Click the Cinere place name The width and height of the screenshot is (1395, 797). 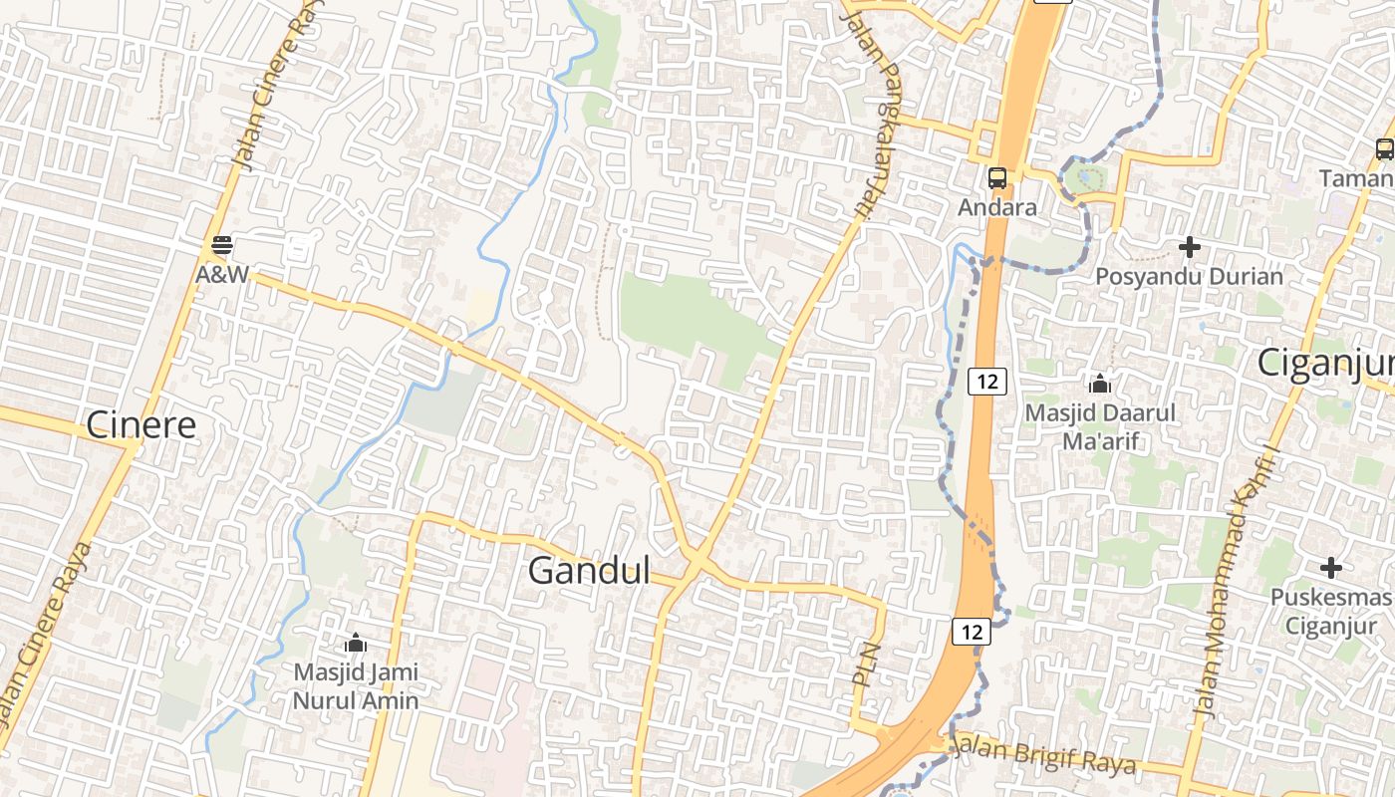[140, 424]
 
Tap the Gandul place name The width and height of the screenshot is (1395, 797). [588, 571]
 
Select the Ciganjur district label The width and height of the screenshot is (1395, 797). [1324, 363]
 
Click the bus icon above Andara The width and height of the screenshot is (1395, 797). [996, 178]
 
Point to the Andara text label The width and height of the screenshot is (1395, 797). [996, 208]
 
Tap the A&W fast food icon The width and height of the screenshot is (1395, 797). [221, 245]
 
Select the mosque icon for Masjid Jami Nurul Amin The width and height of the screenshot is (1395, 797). [355, 644]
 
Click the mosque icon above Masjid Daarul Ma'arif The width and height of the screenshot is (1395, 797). [1100, 383]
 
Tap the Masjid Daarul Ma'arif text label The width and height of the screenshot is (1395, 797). [1100, 425]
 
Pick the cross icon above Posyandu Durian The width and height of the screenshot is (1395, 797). [1189, 246]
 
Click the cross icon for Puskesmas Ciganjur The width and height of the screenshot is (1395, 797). [1330, 568]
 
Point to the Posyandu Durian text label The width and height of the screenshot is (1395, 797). [1189, 276]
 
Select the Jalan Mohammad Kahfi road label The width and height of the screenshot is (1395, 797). [1235, 583]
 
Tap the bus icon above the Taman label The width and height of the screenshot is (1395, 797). [1384, 149]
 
